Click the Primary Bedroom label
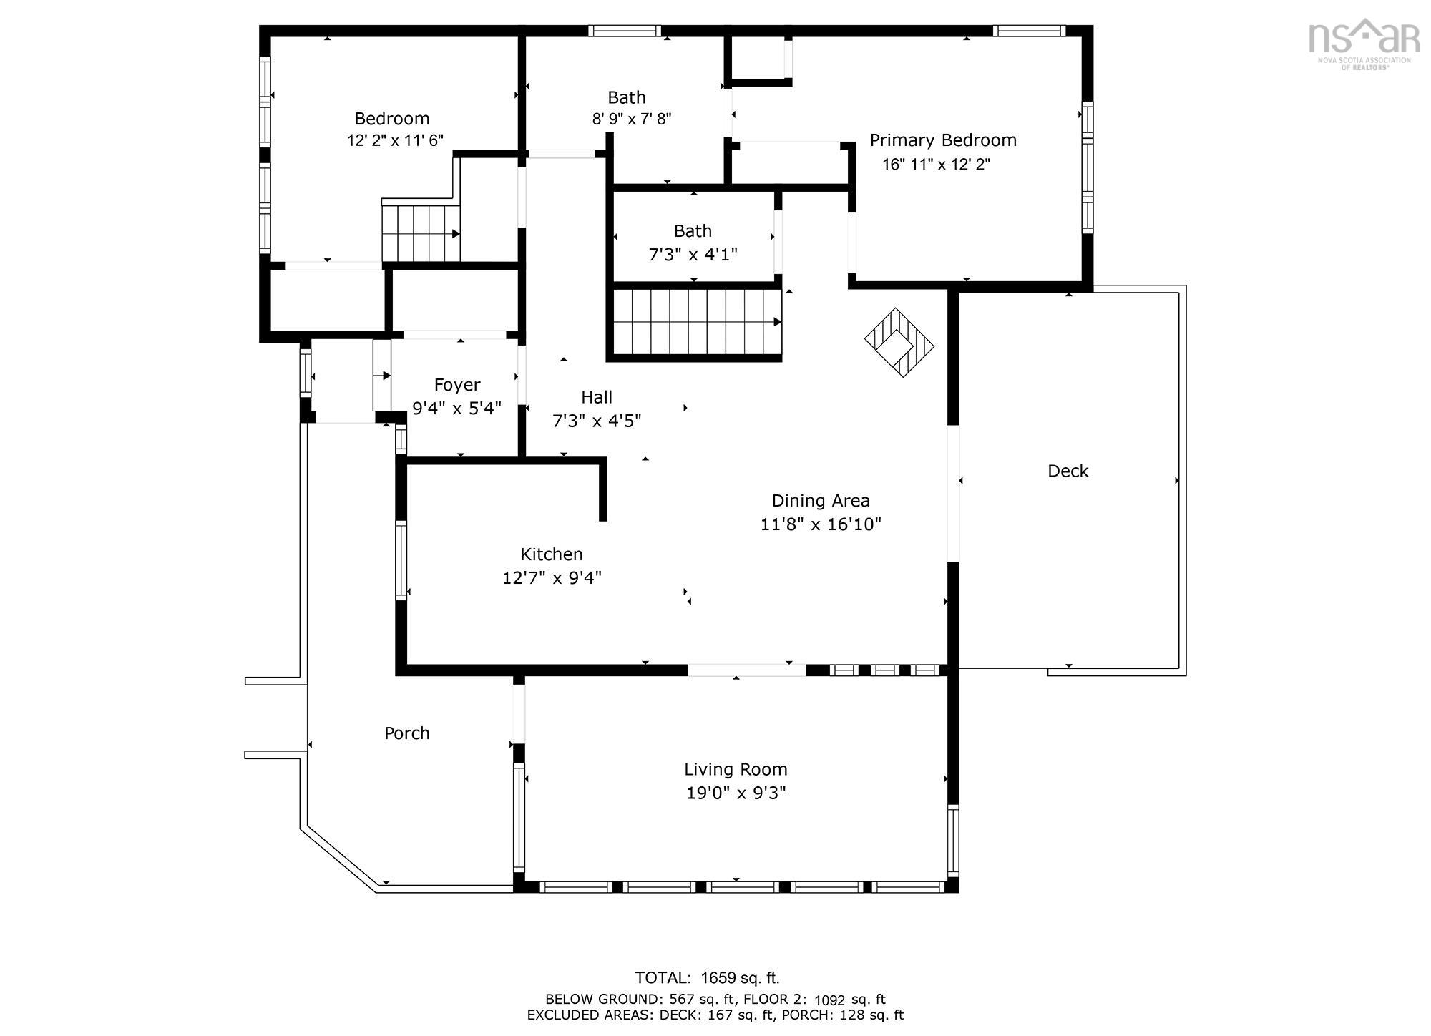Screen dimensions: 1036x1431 [942, 140]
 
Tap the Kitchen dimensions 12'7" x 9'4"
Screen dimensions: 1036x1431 [551, 577]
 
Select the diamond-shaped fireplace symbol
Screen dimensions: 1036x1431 [899, 343]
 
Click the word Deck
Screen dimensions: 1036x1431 [1068, 471]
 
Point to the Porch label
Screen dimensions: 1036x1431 [406, 733]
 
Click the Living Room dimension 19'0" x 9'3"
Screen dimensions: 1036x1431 [736, 793]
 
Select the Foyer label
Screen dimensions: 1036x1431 [456, 385]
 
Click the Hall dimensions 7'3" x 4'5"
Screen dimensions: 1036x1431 [596, 421]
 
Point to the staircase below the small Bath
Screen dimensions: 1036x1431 [696, 322]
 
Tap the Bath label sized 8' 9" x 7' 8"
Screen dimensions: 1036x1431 [627, 97]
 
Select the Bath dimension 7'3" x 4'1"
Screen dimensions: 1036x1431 [693, 255]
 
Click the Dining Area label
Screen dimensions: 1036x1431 [820, 501]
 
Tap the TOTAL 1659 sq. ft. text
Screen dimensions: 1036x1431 [707, 978]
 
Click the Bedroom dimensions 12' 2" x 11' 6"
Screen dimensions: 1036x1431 [395, 141]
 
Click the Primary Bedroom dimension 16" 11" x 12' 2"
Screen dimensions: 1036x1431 [936, 165]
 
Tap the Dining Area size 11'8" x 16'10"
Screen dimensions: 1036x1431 [820, 524]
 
